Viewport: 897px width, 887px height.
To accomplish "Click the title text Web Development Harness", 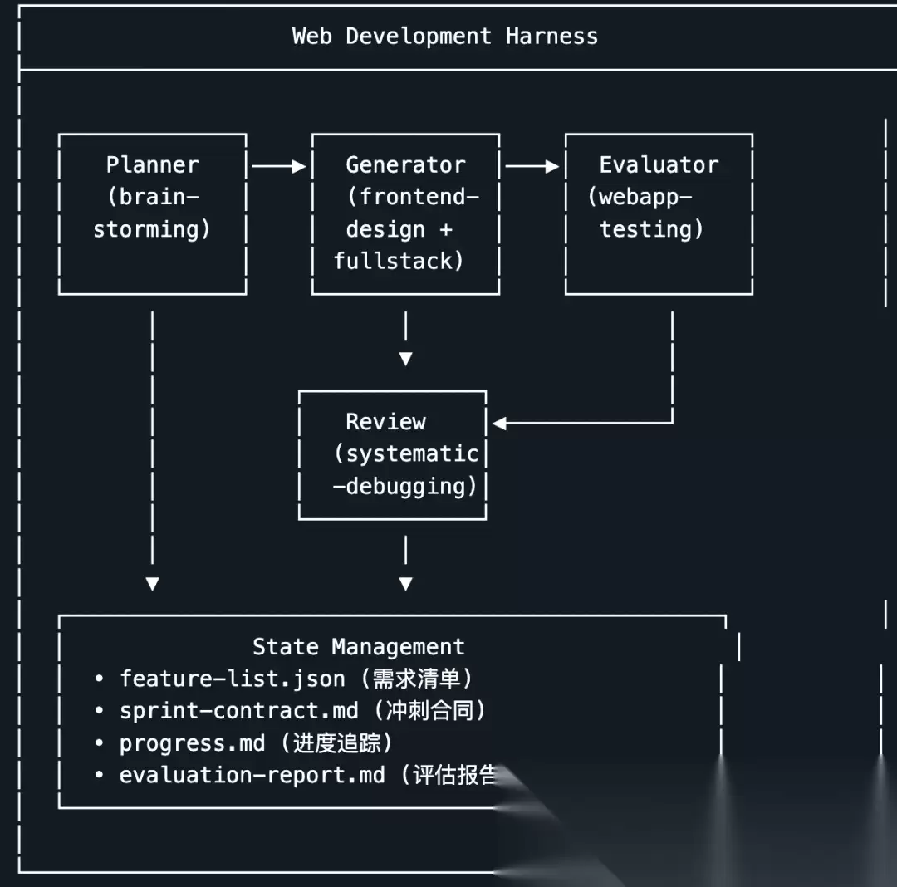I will (x=444, y=37).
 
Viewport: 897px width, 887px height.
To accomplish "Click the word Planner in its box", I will (x=152, y=164).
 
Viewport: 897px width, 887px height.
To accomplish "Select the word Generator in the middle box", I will (x=405, y=164).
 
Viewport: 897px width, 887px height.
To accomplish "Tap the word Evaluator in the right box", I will (x=659, y=164).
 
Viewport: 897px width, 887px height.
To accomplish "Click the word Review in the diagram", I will (x=385, y=422).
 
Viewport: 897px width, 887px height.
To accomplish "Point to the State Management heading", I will (x=358, y=646).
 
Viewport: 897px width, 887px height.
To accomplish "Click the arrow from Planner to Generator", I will (x=279, y=166).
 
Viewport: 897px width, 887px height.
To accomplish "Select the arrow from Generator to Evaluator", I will (x=532, y=166).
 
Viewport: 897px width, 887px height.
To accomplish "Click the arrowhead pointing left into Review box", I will (x=499, y=423).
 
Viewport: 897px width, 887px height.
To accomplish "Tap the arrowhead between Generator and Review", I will (x=405, y=359).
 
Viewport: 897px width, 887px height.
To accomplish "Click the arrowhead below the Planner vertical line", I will (x=152, y=584).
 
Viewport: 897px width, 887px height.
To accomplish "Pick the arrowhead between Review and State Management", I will (x=405, y=584).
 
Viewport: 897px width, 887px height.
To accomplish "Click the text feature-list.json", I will (x=232, y=679).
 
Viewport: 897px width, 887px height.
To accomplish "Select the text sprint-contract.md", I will (x=238, y=710).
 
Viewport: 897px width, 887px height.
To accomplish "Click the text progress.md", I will (x=192, y=742).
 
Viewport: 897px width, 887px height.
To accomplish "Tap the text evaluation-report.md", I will (x=252, y=775).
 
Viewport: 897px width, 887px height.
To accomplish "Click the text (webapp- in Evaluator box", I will (x=640, y=197).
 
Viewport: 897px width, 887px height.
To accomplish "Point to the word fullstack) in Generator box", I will (x=399, y=261).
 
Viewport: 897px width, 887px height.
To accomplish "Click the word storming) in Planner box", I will (x=152, y=229).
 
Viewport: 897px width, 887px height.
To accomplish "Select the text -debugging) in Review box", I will (x=405, y=486).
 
